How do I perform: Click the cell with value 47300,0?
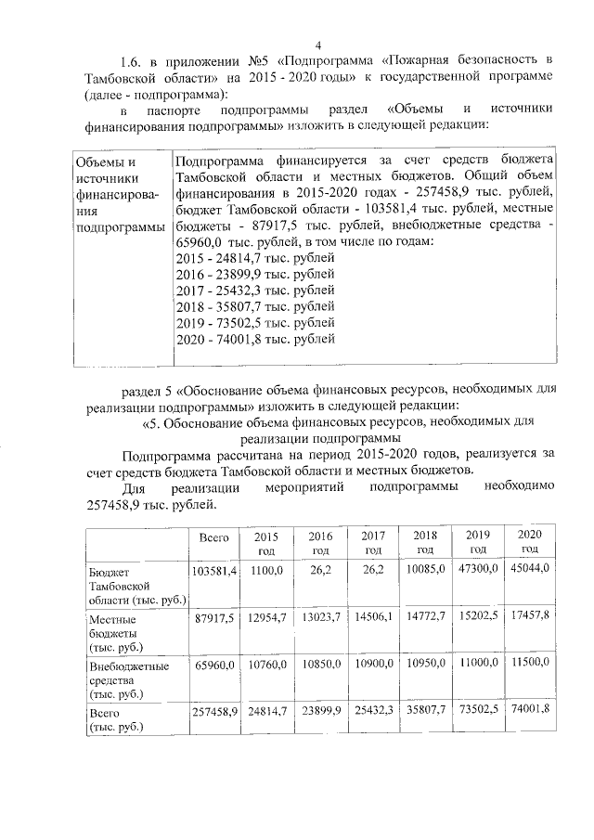click(479, 567)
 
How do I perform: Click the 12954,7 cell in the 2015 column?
click(265, 615)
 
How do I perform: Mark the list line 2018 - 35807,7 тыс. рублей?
click(254, 306)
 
